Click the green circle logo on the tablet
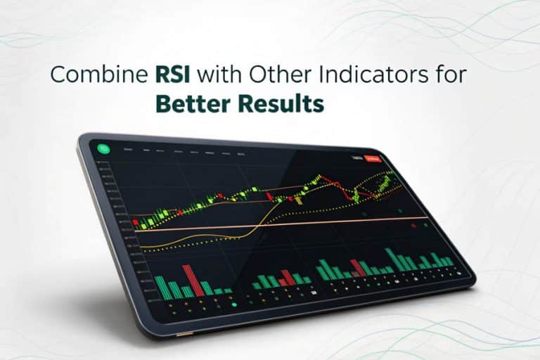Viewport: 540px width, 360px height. [x=103, y=148]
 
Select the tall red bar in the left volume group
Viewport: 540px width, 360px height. [x=188, y=280]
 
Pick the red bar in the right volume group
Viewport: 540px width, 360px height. [x=359, y=268]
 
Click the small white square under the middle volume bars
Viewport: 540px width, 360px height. [x=314, y=291]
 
